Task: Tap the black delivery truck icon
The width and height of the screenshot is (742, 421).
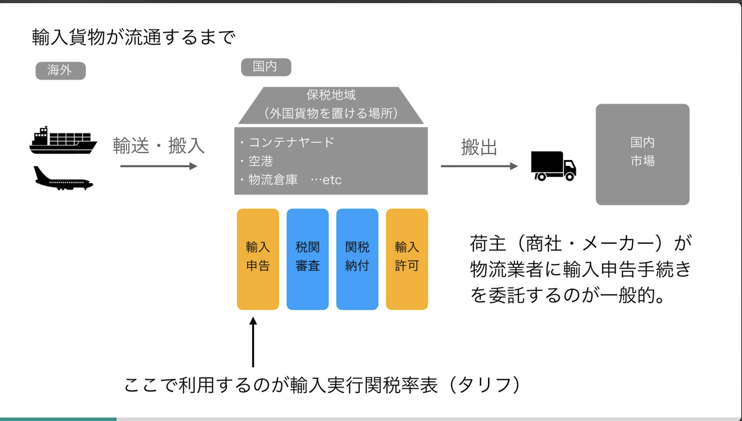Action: coord(553,166)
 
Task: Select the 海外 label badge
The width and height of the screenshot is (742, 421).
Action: coord(60,71)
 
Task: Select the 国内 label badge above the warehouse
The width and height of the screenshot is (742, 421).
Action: coord(266,67)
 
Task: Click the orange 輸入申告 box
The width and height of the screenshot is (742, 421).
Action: coord(258,259)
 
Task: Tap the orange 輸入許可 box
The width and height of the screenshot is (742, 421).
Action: coord(407,259)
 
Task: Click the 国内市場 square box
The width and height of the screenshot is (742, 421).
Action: coord(642,154)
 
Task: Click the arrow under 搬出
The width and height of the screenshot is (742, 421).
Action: coord(479,166)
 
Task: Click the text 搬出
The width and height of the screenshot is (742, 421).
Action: coord(479,147)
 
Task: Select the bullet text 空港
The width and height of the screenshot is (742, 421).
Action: coord(260,161)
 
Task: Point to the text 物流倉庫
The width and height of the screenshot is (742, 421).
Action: coord(273,180)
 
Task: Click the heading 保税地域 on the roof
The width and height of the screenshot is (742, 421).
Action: coord(331,95)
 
